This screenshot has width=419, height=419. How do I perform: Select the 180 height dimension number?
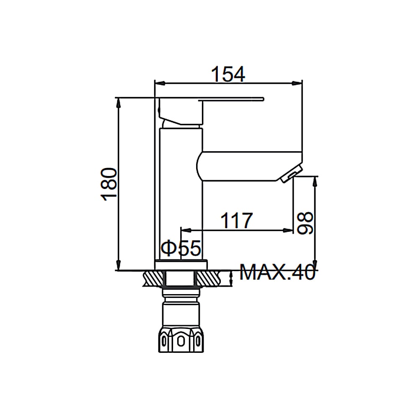pos(109,184)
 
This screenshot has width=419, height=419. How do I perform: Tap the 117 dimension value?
pos(236,220)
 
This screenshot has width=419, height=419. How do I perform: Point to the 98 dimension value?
pos(305,223)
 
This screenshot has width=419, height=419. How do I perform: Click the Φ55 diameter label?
pos(181,248)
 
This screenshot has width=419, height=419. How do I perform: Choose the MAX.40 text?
pos(277,272)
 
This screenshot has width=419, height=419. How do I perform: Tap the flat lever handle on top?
pos(231,99)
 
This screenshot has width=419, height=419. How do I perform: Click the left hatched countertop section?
pos(153,279)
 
